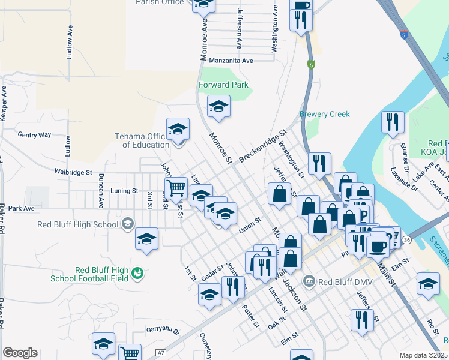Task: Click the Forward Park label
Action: coord(223,85)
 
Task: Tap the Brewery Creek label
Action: coord(324,114)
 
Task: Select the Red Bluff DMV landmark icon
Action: coord(310,281)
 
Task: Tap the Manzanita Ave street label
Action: coord(231,61)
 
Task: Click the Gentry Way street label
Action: coord(34,135)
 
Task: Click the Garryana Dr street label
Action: coord(163,330)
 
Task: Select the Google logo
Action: coord(20,353)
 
